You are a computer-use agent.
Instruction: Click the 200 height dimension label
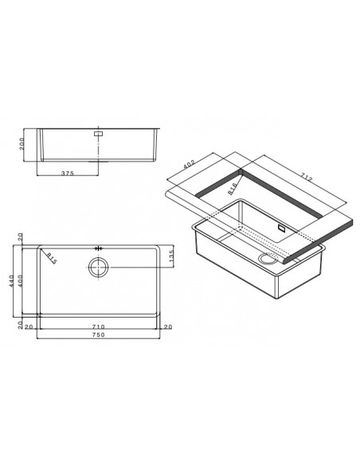22,144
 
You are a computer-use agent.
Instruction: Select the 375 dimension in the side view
68,174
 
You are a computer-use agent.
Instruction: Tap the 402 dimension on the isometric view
189,164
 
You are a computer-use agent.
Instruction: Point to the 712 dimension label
306,178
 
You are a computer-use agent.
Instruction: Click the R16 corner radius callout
233,189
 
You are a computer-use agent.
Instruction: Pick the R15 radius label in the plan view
52,259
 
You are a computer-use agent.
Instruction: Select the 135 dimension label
170,256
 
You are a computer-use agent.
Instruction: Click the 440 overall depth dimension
12,281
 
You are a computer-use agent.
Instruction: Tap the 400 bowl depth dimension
20,281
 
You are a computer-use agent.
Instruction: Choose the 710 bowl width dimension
99,326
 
